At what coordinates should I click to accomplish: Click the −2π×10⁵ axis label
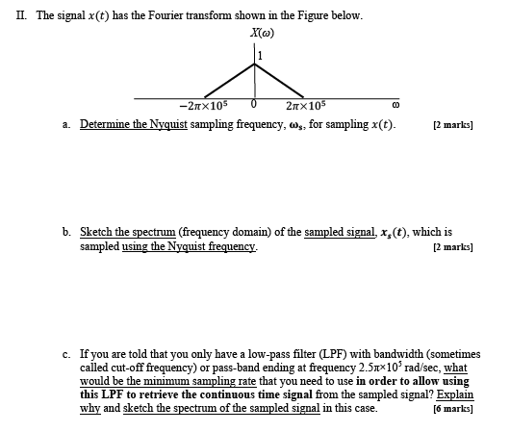pyautogui.click(x=202, y=107)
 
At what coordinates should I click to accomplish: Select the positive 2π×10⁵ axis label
pyautogui.click(x=307, y=107)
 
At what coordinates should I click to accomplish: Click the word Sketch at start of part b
pyautogui.click(x=96, y=233)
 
